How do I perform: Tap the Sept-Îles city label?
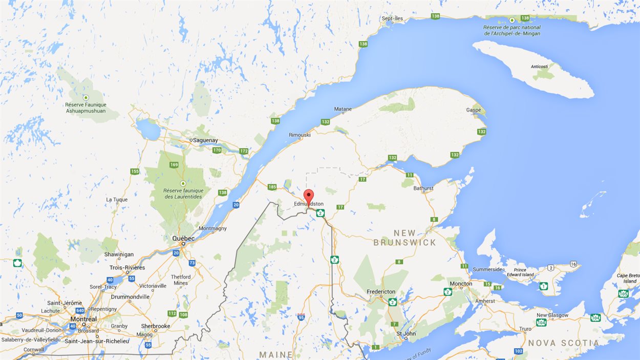[x=392, y=18]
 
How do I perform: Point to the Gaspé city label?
[x=474, y=110]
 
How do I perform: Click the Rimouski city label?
[x=300, y=135]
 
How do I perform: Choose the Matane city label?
[x=343, y=109]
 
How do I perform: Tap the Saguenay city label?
[x=204, y=140]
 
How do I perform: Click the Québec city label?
[x=183, y=239]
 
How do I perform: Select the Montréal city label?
[x=83, y=319]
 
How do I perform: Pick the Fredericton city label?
[x=381, y=292]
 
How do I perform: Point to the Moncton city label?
[x=461, y=284]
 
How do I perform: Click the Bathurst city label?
[x=423, y=188]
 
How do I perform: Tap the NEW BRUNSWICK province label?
[x=404, y=238]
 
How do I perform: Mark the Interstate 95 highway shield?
[x=301, y=317]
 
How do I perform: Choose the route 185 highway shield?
[x=272, y=187]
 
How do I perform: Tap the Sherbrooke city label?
[x=156, y=326]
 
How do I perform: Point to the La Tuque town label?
[x=116, y=199]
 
